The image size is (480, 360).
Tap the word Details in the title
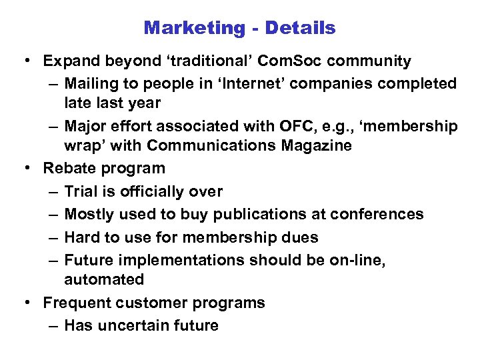pos(300,28)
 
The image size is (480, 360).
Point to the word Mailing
pos(92,84)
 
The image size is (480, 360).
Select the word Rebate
pos(69,169)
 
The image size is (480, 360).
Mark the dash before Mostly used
pos(53,214)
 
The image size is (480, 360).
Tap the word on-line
pos(357,260)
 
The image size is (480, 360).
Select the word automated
pos(104,279)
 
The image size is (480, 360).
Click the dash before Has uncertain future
pos(53,325)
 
